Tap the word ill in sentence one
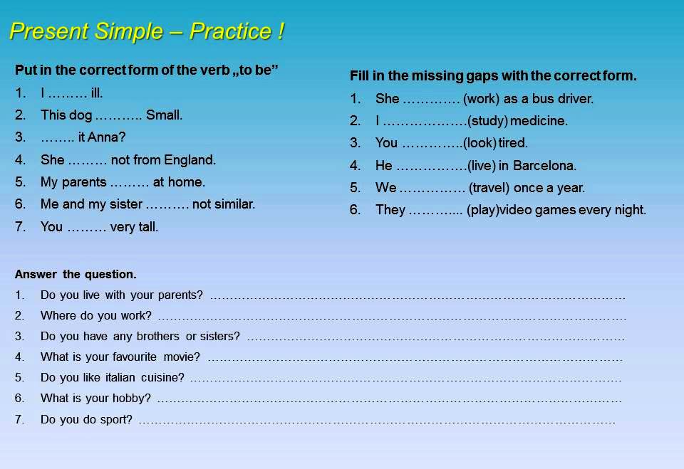pyautogui.click(x=97, y=93)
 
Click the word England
pyautogui.click(x=190, y=159)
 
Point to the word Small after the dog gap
pyautogui.click(x=165, y=115)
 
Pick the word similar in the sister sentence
pyautogui.click(x=234, y=204)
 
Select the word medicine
pyautogui.click(x=539, y=121)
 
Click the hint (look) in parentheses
pyautogui.click(x=480, y=143)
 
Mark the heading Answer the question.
pyautogui.click(x=76, y=274)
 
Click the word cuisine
pyautogui.click(x=162, y=377)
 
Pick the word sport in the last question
pyautogui.click(x=118, y=419)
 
